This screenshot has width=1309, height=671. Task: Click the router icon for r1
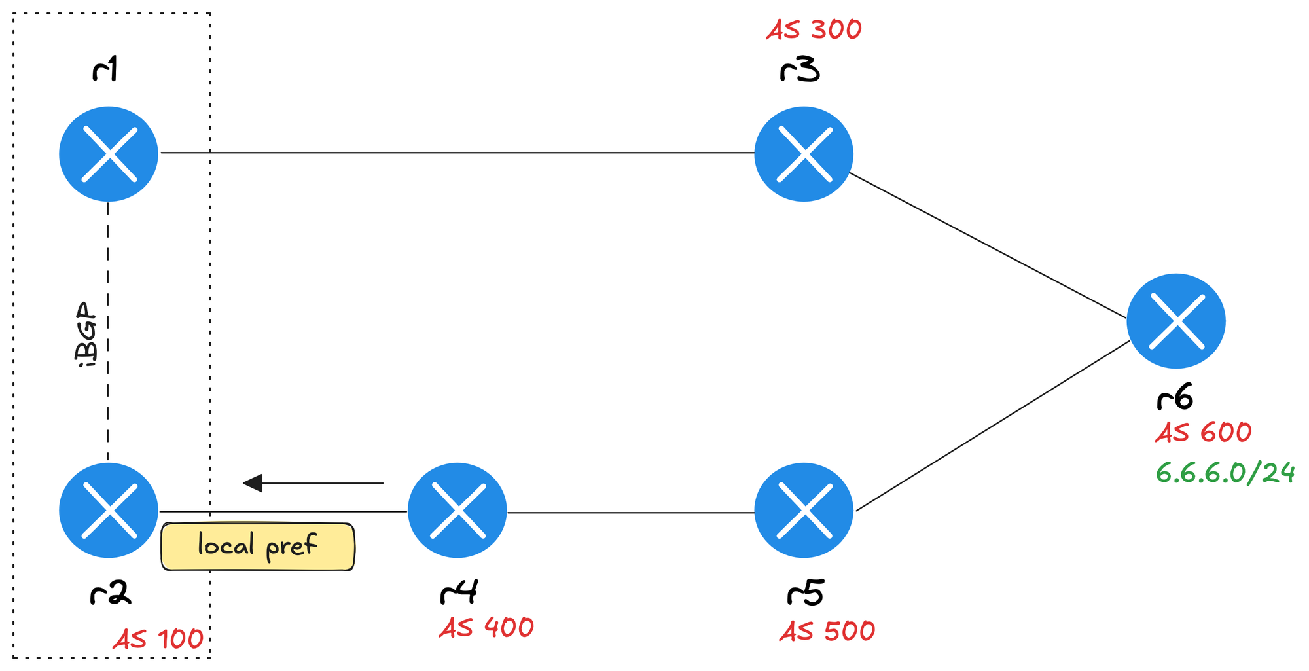pyautogui.click(x=109, y=154)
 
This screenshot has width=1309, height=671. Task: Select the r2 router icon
pyautogui.click(x=109, y=510)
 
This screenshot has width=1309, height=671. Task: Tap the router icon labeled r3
pyautogui.click(x=803, y=154)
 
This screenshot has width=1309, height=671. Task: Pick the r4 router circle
pyautogui.click(x=457, y=510)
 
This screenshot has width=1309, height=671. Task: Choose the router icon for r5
pyautogui.click(x=804, y=510)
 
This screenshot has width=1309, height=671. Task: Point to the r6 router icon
pyautogui.click(x=1175, y=321)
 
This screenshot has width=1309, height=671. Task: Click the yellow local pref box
pyautogui.click(x=258, y=547)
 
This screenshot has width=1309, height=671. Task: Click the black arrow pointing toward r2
pyautogui.click(x=313, y=483)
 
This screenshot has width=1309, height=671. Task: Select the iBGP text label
pyautogui.click(x=87, y=334)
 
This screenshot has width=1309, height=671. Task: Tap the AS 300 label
pyautogui.click(x=814, y=29)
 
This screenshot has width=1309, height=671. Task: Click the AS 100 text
pyautogui.click(x=158, y=639)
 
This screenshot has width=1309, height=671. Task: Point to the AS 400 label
pyautogui.click(x=486, y=628)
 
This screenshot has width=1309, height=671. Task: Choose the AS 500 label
pyautogui.click(x=827, y=631)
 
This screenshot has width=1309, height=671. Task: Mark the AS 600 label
pyautogui.click(x=1203, y=433)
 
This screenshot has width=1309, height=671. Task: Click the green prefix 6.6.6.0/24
pyautogui.click(x=1225, y=473)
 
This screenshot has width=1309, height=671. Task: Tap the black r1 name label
pyautogui.click(x=105, y=69)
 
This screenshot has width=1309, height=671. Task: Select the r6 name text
pyautogui.click(x=1175, y=397)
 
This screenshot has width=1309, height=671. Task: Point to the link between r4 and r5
pyautogui.click(x=630, y=512)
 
